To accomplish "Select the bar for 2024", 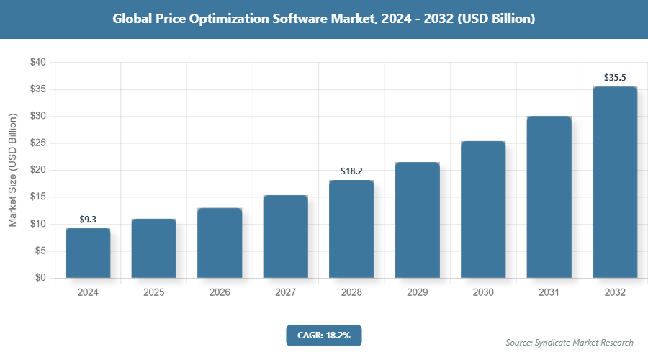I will [x=88, y=253].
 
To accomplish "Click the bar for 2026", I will [x=220, y=243].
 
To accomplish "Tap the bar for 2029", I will [x=417, y=220].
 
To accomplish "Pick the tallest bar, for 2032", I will [x=615, y=182].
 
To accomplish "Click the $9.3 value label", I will [x=88, y=219].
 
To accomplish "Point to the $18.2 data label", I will [x=351, y=171].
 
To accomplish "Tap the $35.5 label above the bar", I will [x=615, y=77].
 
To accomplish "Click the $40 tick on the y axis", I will [x=38, y=63].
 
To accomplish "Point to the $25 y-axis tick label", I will [x=38, y=143].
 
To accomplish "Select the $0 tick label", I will [x=40, y=278].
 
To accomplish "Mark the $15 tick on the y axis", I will [x=38, y=197].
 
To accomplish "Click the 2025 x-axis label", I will [x=153, y=293].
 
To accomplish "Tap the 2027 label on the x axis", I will [x=285, y=293].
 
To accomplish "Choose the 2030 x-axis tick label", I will [x=483, y=293].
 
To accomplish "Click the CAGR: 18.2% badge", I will [x=323, y=336].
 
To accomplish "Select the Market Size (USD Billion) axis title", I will [x=12, y=170].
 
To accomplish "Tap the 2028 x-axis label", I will [x=351, y=293].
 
